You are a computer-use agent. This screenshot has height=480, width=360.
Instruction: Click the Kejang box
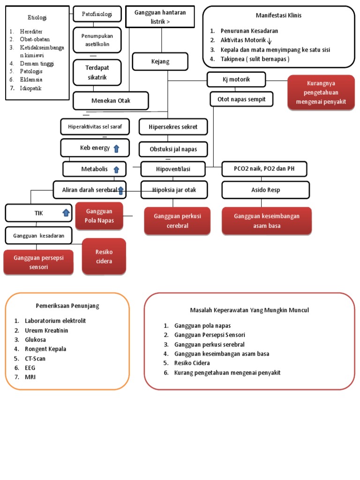(160, 61)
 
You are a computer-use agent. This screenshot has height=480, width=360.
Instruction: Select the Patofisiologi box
(97, 14)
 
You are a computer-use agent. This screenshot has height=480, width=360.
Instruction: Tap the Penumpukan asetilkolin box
(97, 40)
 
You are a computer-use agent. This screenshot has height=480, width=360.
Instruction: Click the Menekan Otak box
(111, 100)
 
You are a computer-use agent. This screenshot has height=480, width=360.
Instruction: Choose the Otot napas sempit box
(241, 99)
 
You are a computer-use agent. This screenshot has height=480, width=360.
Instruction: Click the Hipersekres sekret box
(173, 127)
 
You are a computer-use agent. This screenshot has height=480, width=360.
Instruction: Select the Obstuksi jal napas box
(173, 149)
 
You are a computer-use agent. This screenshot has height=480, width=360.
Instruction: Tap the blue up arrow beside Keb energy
(116, 149)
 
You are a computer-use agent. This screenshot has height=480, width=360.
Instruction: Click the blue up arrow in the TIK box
(66, 213)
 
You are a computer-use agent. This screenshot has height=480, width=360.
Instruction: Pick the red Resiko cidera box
(104, 256)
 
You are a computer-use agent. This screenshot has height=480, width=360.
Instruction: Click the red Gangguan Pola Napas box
(99, 216)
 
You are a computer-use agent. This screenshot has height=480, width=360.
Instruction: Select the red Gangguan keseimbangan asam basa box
(266, 221)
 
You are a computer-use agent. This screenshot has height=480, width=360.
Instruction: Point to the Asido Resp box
(265, 190)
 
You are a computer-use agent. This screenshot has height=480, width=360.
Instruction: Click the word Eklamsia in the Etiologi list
(31, 80)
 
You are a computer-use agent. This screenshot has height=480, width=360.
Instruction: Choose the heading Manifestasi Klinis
(278, 15)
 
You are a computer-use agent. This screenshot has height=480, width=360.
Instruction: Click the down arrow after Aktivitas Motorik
(270, 41)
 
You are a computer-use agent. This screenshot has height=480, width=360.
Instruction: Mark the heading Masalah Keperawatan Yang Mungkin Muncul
(249, 310)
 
